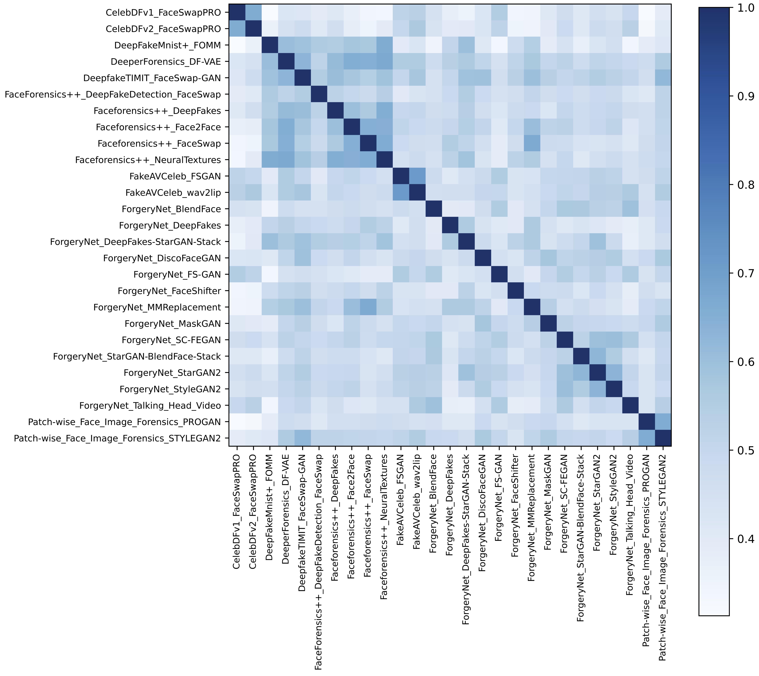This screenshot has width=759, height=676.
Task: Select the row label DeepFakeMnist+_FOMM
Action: [168, 45]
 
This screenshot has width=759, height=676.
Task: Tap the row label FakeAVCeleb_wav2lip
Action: [173, 193]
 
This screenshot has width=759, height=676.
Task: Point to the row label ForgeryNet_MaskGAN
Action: [173, 324]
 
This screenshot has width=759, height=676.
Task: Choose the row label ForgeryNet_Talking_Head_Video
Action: [150, 406]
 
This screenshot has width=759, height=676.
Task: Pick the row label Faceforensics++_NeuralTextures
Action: [148, 160]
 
